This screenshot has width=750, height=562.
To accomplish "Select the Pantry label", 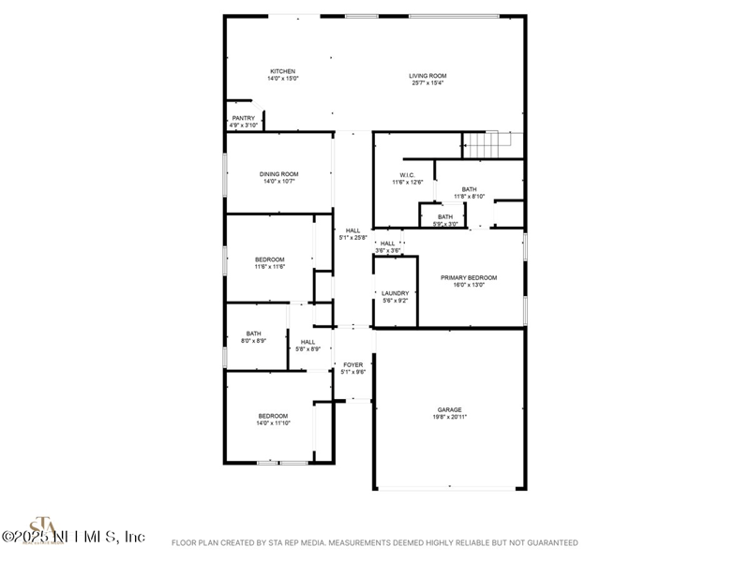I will coord(243,122).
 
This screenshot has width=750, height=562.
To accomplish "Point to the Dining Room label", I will coord(278,177).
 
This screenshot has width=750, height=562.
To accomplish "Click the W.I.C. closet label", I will coord(408,178).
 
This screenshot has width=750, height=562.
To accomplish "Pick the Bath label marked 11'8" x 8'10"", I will coord(469,192).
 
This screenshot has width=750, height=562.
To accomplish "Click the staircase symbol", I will coord(488,145).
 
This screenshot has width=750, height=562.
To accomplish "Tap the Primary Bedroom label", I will coord(469,281).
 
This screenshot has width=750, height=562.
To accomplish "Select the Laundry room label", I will coord(395,297).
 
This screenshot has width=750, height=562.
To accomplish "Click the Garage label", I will coord(449,413).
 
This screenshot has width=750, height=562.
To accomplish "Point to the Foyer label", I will coord(352,368).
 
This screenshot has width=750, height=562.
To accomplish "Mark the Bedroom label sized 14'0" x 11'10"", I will coord(273,420).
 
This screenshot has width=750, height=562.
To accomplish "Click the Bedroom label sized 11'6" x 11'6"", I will coord(269,262).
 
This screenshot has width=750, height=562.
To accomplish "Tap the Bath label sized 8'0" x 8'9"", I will coord(253,337).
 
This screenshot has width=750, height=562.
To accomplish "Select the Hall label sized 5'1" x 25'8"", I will coord(352,234).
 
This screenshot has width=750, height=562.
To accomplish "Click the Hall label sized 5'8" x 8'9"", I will coord(307,345).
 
